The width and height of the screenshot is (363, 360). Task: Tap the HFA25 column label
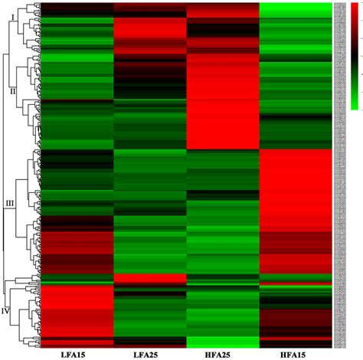pos(223,354)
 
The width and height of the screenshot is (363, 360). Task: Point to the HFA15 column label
pos(296,354)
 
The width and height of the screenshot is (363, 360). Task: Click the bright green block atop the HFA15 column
pos(296,9)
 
